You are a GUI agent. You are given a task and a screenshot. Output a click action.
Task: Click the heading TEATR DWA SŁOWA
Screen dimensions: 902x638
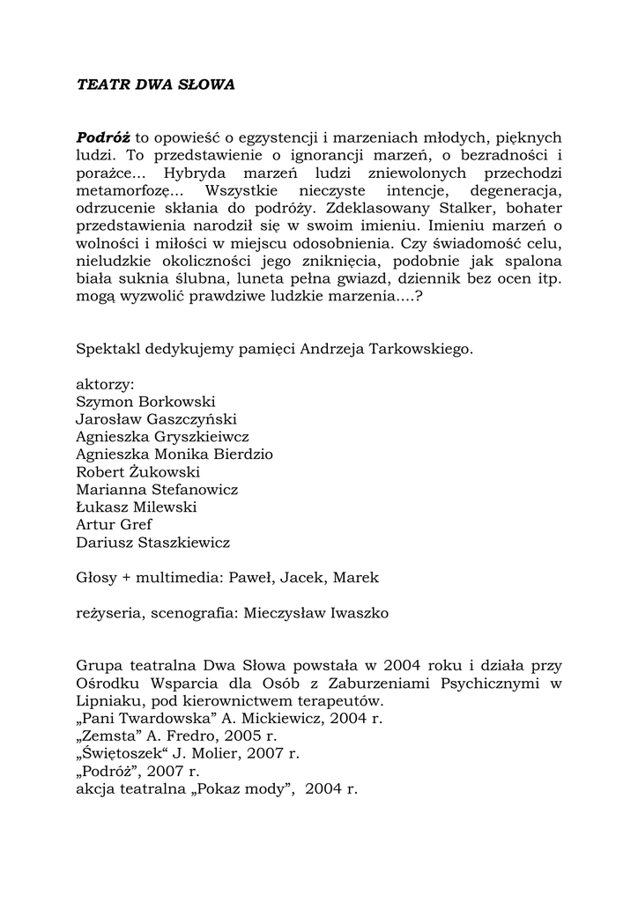(x=156, y=85)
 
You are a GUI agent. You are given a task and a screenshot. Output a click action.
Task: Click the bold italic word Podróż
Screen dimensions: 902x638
(x=103, y=137)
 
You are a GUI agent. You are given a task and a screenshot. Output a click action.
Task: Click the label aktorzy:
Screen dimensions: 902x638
(x=105, y=384)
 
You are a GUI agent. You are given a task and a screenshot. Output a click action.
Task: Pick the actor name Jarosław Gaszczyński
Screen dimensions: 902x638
(x=157, y=419)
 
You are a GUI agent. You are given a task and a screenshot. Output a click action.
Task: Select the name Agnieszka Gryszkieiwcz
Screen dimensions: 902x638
(x=162, y=437)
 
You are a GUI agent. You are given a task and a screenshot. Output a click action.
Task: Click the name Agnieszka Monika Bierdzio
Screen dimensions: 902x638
(x=174, y=455)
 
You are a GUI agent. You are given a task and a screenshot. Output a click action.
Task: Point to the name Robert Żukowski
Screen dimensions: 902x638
(x=138, y=472)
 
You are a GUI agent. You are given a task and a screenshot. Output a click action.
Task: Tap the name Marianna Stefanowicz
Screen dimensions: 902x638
(x=157, y=490)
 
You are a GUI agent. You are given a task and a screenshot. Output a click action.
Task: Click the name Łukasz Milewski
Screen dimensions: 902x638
(x=137, y=507)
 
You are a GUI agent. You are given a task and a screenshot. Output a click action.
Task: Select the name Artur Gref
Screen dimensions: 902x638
(x=115, y=525)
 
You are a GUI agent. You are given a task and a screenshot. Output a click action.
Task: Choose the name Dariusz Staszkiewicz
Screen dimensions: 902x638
(x=152, y=543)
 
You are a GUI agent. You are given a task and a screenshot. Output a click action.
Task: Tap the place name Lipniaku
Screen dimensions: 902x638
(x=107, y=701)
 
